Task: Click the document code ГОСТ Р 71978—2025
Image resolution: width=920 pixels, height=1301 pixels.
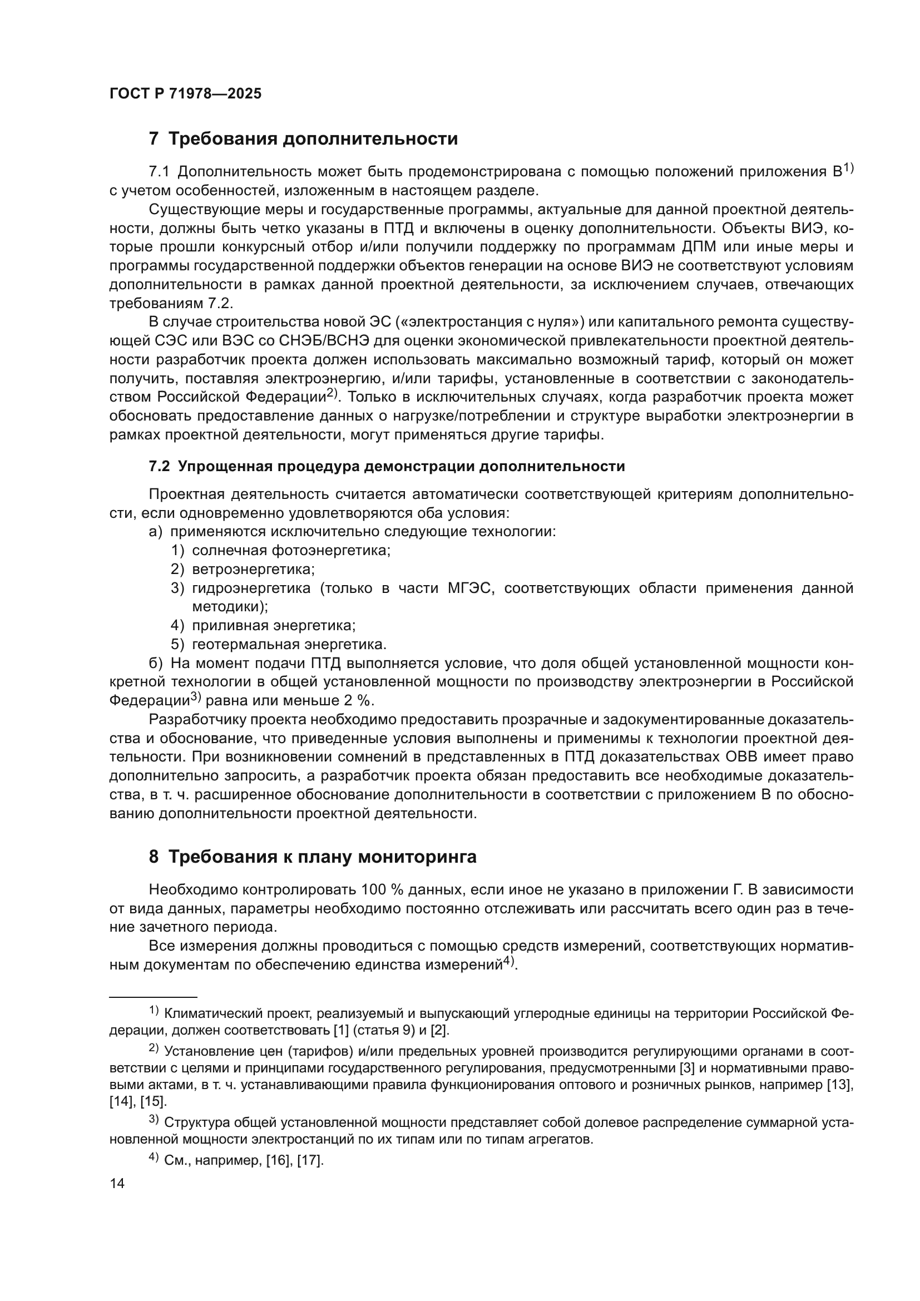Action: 185,94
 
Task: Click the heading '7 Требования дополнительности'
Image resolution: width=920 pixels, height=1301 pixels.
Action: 303,139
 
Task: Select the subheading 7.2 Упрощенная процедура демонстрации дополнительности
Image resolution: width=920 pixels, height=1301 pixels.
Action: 387,466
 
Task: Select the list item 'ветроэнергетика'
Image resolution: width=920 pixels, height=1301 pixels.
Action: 253,569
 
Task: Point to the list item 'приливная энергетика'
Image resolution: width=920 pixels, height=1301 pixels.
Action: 274,626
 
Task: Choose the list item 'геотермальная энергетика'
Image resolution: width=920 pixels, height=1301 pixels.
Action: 289,644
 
